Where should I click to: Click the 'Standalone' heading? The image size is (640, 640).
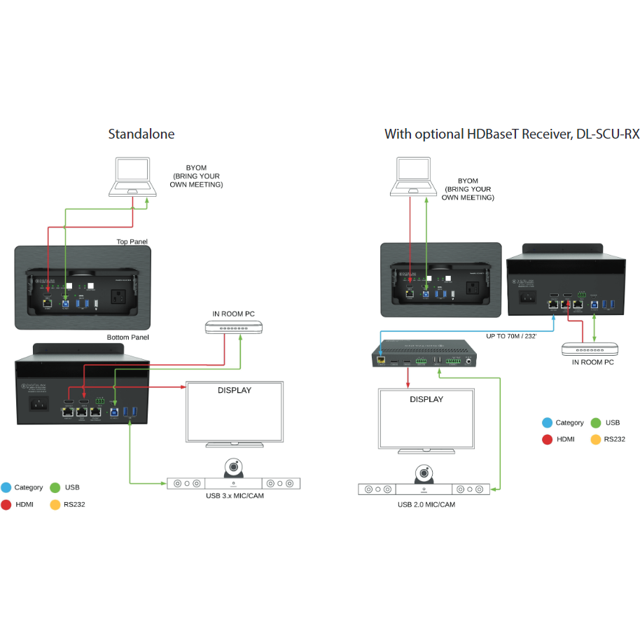[141, 134]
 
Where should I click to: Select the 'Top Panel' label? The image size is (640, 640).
[132, 242]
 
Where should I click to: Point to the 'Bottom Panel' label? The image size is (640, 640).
[127, 338]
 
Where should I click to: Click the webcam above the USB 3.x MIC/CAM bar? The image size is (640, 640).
[233, 467]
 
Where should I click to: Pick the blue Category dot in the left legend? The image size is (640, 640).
[6, 487]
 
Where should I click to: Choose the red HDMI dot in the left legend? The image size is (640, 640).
[6, 504]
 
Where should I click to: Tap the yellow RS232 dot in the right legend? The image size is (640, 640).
[596, 439]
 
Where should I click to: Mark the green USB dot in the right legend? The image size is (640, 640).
[596, 422]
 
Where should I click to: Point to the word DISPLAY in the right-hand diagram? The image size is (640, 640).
[426, 399]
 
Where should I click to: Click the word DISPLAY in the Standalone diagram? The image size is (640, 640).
[234, 390]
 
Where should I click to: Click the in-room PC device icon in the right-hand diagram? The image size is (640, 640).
[590, 349]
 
